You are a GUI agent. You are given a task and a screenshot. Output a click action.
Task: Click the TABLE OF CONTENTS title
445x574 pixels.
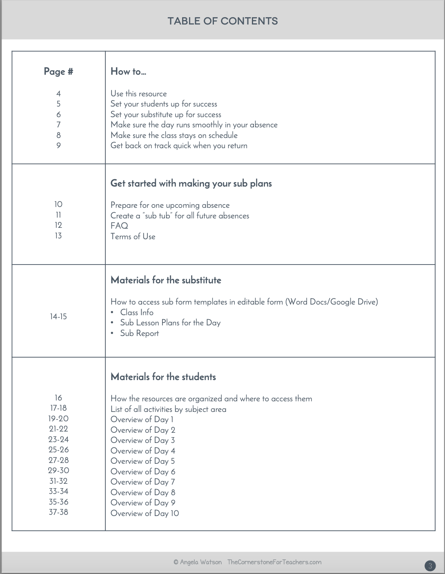(x=222, y=21)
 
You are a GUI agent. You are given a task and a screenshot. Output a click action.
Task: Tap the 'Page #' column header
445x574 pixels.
(x=58, y=71)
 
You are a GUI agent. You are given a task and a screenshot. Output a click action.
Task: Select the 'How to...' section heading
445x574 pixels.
(x=128, y=71)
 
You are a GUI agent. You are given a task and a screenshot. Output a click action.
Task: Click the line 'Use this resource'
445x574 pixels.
(x=138, y=93)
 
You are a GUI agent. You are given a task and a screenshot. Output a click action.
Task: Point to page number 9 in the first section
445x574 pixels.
(x=58, y=145)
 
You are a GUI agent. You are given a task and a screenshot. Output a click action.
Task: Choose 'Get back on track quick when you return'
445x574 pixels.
(x=179, y=145)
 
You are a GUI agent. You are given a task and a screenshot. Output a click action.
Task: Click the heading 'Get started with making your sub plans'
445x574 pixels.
(x=191, y=183)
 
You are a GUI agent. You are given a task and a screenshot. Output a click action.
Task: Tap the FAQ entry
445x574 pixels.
(x=119, y=226)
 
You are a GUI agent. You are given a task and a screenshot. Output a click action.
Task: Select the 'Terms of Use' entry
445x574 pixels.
(x=133, y=236)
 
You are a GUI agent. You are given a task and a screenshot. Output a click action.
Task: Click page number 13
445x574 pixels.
(x=58, y=236)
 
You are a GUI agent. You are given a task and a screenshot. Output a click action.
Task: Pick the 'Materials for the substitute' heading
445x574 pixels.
(x=166, y=280)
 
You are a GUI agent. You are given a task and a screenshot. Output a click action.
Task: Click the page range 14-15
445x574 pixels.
(x=58, y=316)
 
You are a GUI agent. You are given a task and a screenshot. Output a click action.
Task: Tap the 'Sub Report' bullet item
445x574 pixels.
(x=139, y=333)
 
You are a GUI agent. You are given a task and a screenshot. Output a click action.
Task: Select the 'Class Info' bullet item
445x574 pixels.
(x=137, y=312)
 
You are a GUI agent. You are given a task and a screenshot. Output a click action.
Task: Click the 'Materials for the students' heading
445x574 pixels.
(x=163, y=377)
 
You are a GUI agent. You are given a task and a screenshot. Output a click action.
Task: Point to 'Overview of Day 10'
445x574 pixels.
(x=145, y=513)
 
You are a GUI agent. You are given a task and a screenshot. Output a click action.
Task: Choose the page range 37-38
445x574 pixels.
(x=58, y=512)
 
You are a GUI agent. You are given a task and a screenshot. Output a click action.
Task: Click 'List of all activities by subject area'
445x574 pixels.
(x=168, y=409)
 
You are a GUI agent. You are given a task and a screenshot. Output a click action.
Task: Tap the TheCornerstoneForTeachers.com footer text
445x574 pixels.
(x=274, y=562)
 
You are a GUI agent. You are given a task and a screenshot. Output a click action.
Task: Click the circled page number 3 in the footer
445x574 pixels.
(x=430, y=566)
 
